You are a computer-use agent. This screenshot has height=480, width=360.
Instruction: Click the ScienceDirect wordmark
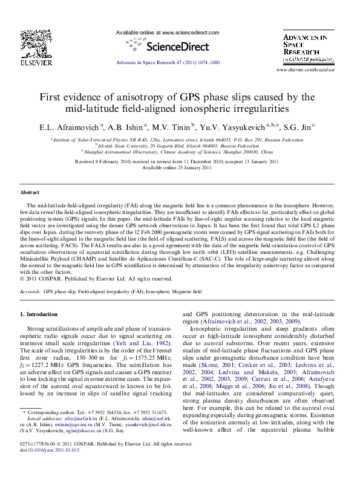click(x=167, y=46)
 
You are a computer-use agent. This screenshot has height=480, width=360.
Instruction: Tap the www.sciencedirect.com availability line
click(x=167, y=33)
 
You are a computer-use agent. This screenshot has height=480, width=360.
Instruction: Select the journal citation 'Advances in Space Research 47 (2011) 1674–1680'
click(x=167, y=63)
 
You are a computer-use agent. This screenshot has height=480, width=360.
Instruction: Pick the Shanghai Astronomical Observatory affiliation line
click(x=177, y=152)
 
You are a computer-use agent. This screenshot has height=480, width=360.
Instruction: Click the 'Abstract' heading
click(x=30, y=192)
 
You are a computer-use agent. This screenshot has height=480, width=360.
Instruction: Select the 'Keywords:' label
click(x=30, y=291)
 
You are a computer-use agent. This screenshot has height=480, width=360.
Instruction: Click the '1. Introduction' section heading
click(x=39, y=314)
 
